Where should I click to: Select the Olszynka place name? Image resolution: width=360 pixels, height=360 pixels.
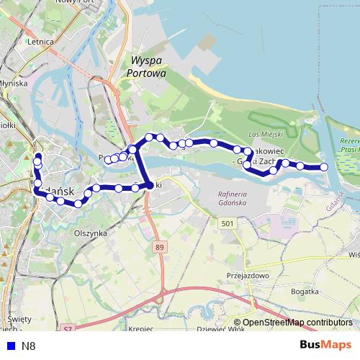coord(90,233)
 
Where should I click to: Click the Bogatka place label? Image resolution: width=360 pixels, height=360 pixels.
coord(305,291)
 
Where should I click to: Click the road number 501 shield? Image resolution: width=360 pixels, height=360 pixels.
coord(228,225)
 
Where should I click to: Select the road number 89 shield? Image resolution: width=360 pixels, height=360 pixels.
coord(158,247)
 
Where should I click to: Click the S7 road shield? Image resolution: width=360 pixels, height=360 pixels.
coord(67,328)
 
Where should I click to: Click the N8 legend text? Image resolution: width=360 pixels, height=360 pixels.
coord(28,346)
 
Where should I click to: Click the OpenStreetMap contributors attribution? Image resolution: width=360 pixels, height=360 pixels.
coord(297,323)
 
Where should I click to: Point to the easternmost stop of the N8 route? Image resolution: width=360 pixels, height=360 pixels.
coord(324,167)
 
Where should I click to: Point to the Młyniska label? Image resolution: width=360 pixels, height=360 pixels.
coord(13,83)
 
